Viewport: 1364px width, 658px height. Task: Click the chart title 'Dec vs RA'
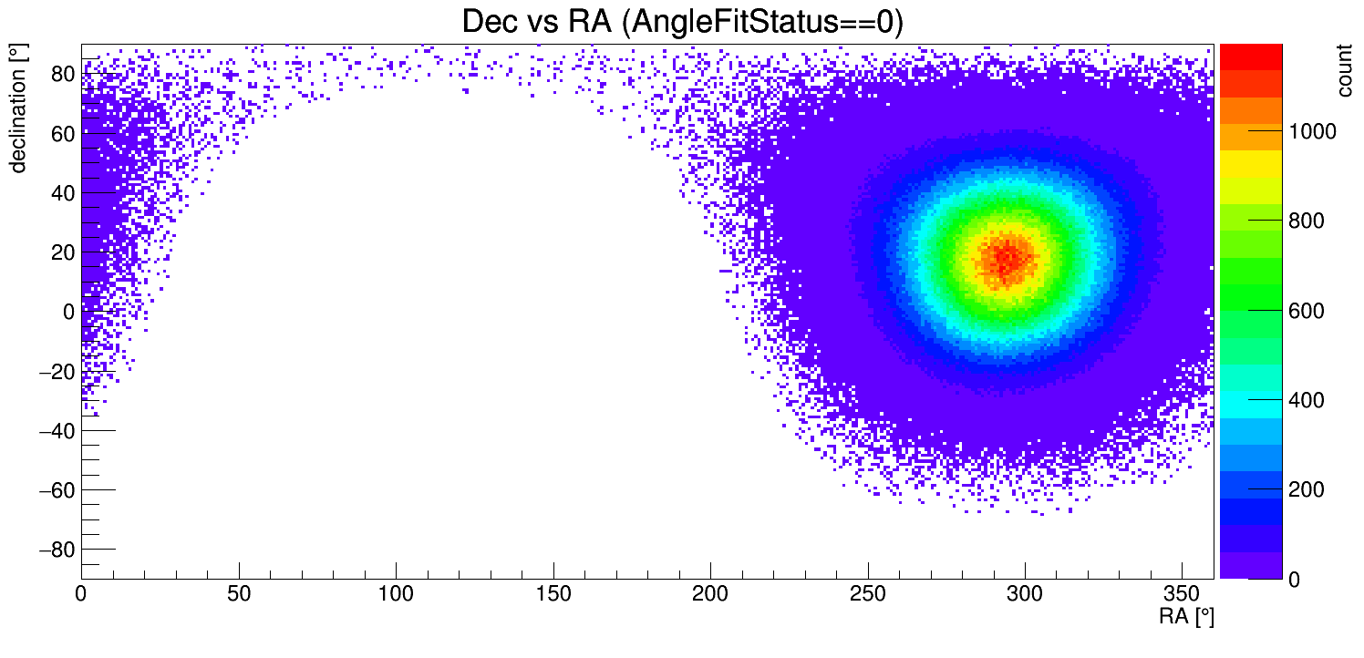536,22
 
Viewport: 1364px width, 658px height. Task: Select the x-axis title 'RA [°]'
1186,617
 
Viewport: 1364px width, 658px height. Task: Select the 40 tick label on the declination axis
62,193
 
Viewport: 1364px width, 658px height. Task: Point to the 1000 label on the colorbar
1312,132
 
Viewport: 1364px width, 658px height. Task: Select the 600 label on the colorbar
1306,312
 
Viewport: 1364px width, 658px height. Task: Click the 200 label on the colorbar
1306,490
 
